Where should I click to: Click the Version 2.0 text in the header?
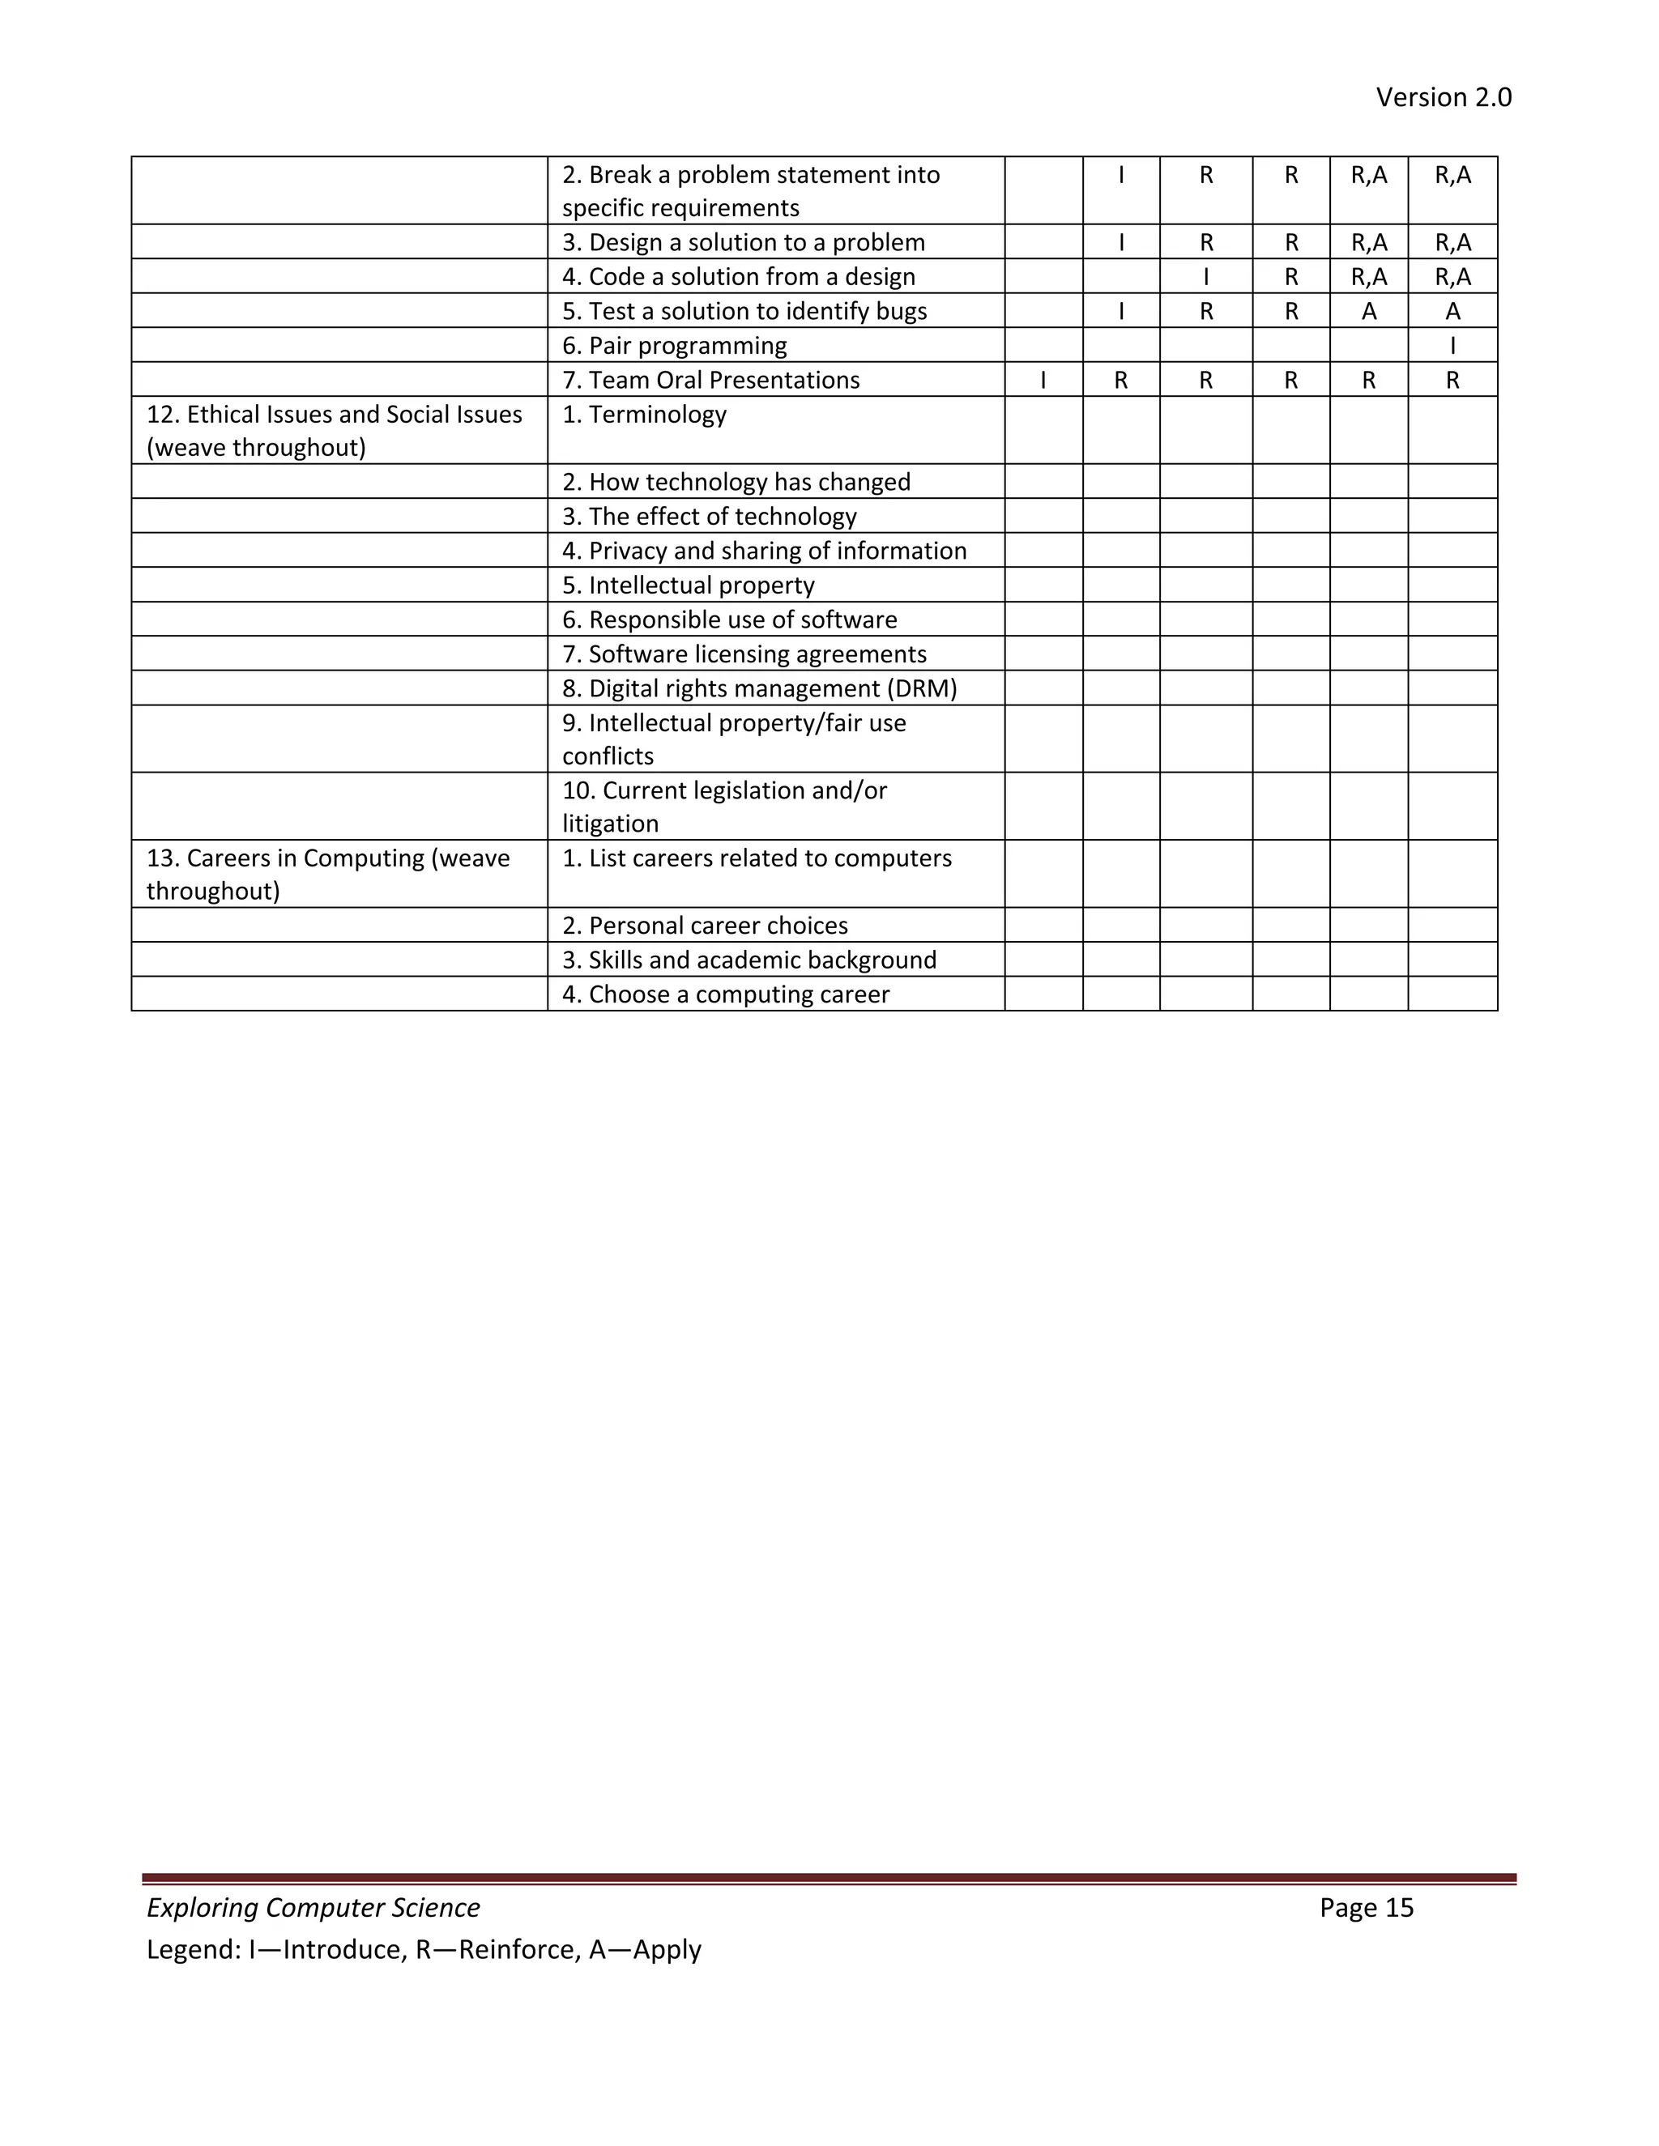click(1443, 97)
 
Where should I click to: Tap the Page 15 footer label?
click(1366, 1907)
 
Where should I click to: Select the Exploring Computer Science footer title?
click(313, 1907)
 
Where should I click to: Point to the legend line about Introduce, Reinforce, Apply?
click(424, 1949)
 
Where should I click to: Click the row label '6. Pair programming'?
click(674, 346)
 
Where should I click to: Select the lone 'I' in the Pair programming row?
click(1452, 346)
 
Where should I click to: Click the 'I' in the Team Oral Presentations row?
click(1043, 381)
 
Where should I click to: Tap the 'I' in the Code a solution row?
click(1206, 277)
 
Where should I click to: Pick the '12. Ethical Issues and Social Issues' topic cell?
click(335, 430)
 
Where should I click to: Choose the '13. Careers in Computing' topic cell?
click(328, 874)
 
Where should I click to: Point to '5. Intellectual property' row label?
click(688, 585)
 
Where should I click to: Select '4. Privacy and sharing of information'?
click(764, 551)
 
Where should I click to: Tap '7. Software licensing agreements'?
click(744, 654)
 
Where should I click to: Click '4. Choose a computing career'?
click(725, 994)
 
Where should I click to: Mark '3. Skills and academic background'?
click(749, 960)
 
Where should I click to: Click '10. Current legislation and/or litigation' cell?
click(724, 807)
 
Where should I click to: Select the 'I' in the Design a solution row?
click(1120, 243)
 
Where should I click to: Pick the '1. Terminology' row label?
click(644, 415)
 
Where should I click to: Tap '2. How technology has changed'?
click(736, 483)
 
